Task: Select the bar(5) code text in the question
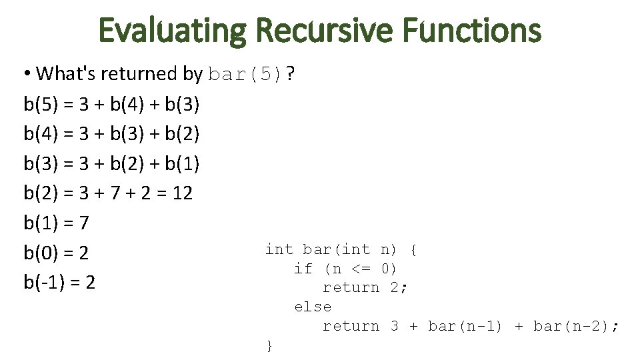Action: tap(245, 74)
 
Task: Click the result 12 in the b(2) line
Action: tap(182, 194)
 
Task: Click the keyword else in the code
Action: tap(313, 307)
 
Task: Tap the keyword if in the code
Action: tap(303, 269)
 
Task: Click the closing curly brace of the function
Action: tap(269, 345)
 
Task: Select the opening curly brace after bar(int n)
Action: tap(413, 250)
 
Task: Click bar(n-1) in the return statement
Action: tap(465, 326)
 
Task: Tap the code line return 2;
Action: tap(365, 288)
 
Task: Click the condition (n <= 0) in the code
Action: tap(360, 269)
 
